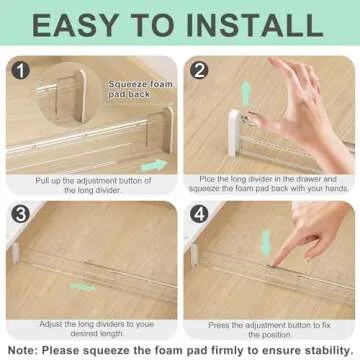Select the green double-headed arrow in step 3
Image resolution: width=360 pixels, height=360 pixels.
[84, 287]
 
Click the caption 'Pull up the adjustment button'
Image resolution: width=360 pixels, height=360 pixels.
[94, 180]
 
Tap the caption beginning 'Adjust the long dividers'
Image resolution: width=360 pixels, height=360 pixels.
[94, 324]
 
